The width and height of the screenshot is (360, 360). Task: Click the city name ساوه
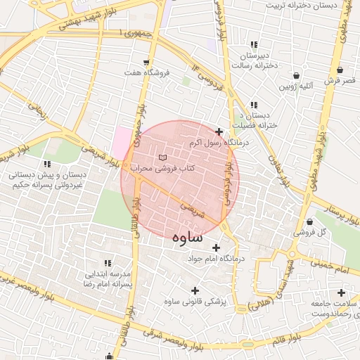pos(188,237)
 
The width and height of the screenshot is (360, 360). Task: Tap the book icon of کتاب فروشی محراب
pos(163,156)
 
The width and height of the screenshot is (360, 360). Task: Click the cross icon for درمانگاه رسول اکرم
pos(219,131)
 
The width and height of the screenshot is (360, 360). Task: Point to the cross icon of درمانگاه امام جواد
pos(216,247)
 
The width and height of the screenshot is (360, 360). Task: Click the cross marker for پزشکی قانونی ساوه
pos(195,290)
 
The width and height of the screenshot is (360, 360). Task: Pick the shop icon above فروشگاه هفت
pos(146,62)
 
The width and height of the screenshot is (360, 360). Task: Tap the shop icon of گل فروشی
pos(309,222)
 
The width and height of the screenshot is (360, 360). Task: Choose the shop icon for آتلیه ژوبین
pos(297,75)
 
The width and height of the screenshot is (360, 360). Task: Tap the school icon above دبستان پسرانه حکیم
pos(43,162)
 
